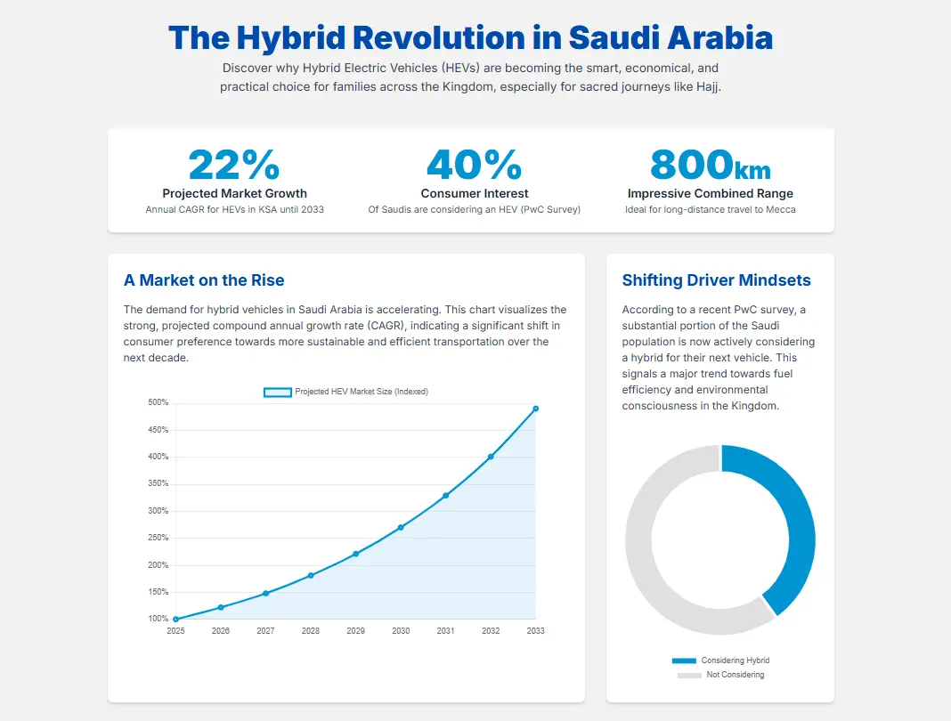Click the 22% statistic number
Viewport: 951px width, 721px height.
click(234, 166)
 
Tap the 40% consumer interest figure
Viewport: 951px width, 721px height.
click(474, 166)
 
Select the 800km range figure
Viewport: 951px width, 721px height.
click(710, 166)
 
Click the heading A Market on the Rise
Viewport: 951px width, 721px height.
click(204, 280)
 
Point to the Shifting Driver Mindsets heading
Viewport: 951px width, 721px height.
click(716, 280)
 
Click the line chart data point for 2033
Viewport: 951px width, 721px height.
click(535, 409)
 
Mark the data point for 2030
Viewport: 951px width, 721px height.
click(401, 527)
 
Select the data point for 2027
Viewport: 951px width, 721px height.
click(265, 593)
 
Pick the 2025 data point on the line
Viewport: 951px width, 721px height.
click(175, 619)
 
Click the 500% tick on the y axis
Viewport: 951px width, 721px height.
click(158, 403)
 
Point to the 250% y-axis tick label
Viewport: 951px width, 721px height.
click(158, 538)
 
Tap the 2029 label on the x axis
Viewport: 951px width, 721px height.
click(355, 631)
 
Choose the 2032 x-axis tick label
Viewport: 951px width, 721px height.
click(491, 631)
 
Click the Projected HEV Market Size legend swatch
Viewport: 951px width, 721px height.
click(277, 392)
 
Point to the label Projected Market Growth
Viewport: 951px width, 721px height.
click(234, 193)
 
